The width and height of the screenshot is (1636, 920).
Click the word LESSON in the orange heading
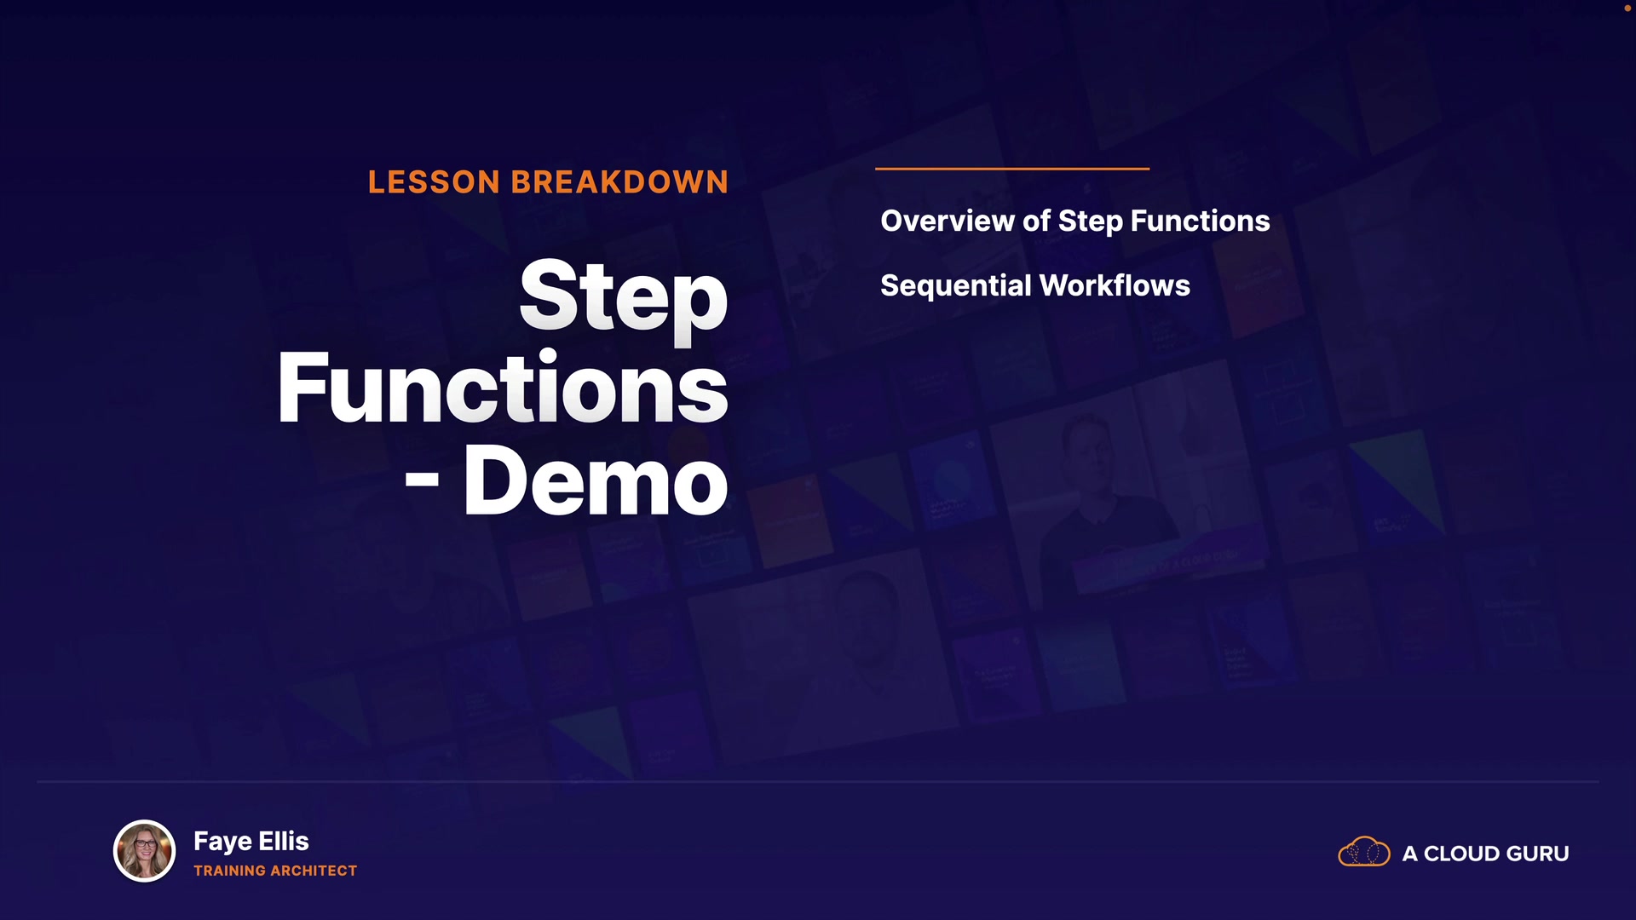click(x=434, y=182)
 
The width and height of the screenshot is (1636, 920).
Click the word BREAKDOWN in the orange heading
click(x=619, y=182)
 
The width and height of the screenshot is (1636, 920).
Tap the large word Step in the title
click(x=624, y=298)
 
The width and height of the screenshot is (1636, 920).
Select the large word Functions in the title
click(x=503, y=388)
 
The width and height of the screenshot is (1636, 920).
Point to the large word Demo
click(x=596, y=480)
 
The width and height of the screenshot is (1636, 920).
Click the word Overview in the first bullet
click(x=948, y=221)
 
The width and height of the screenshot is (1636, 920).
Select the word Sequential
click(x=955, y=286)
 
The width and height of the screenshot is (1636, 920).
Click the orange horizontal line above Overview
click(x=1012, y=169)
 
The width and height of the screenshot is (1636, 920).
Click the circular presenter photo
click(x=144, y=851)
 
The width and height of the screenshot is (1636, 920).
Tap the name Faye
click(x=222, y=842)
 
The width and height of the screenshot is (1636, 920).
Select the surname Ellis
click(x=284, y=841)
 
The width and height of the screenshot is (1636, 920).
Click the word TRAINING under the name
click(x=230, y=871)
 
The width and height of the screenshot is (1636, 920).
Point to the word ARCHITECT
click(x=314, y=871)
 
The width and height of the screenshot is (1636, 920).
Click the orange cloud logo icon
click(x=1364, y=851)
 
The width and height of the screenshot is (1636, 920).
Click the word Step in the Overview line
click(x=1091, y=222)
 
